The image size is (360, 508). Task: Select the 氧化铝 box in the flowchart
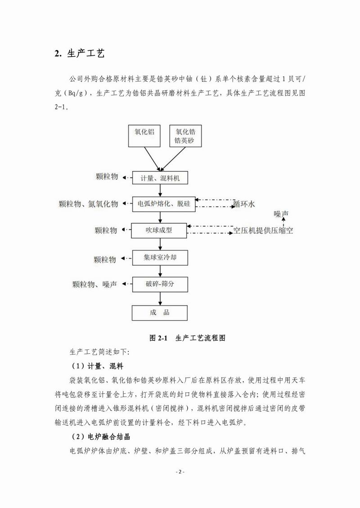[144, 136]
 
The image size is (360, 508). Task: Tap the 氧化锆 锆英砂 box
[185, 136]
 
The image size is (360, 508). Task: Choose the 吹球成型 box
[159, 231]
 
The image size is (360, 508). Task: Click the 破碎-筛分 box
[160, 284]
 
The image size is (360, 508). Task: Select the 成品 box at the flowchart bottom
[160, 312]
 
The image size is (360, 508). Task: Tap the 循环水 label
[244, 205]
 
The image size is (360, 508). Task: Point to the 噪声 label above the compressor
[281, 214]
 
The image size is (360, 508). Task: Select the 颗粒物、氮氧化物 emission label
[89, 204]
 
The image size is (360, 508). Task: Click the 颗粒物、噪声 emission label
[94, 284]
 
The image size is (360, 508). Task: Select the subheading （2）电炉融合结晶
[101, 437]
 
